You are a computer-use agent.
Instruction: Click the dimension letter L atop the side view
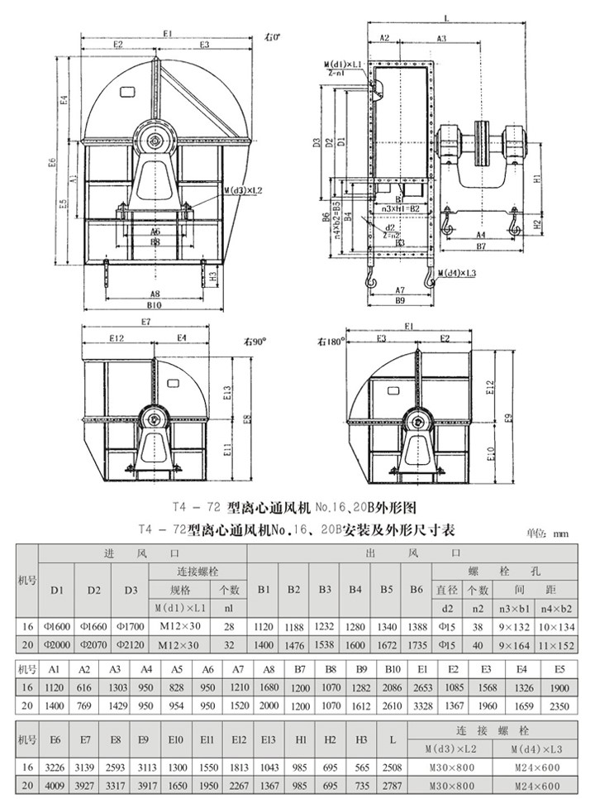coord(445,17)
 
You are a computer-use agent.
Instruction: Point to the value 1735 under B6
coord(416,646)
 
